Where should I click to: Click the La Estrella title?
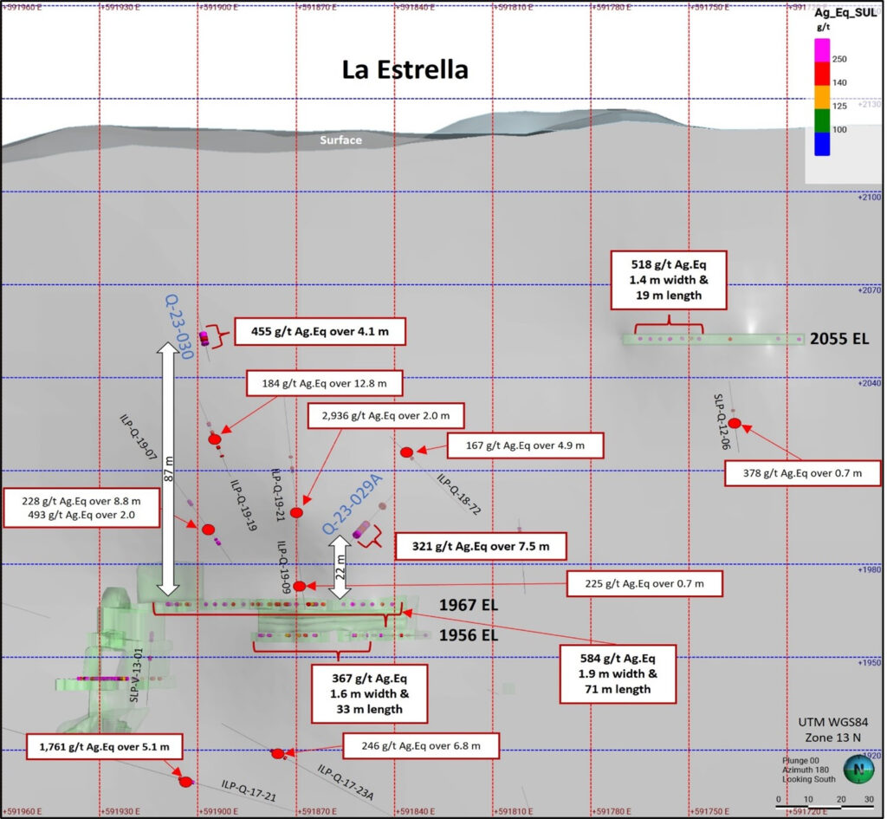pyautogui.click(x=405, y=69)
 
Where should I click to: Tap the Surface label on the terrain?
pyautogui.click(x=340, y=140)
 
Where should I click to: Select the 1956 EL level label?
pyautogui.click(x=469, y=636)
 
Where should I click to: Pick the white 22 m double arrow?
pyautogui.click(x=341, y=566)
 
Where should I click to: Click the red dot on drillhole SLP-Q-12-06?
pyautogui.click(x=735, y=423)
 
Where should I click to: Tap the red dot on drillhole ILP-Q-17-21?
pyautogui.click(x=185, y=783)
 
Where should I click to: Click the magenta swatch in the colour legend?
pyautogui.click(x=821, y=49)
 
